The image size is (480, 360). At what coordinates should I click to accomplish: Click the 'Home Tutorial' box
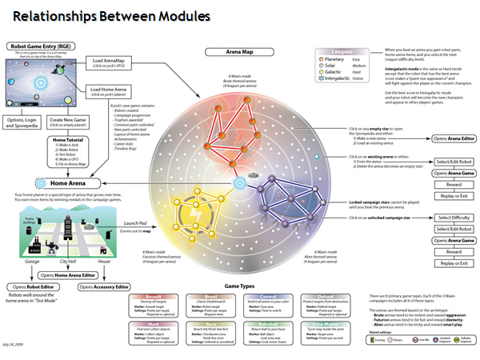pyautogui.click(x=68, y=141)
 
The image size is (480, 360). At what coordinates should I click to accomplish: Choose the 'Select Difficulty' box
pyautogui.click(x=453, y=218)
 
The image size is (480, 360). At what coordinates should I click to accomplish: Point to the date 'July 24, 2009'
pyautogui.click(x=18, y=352)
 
